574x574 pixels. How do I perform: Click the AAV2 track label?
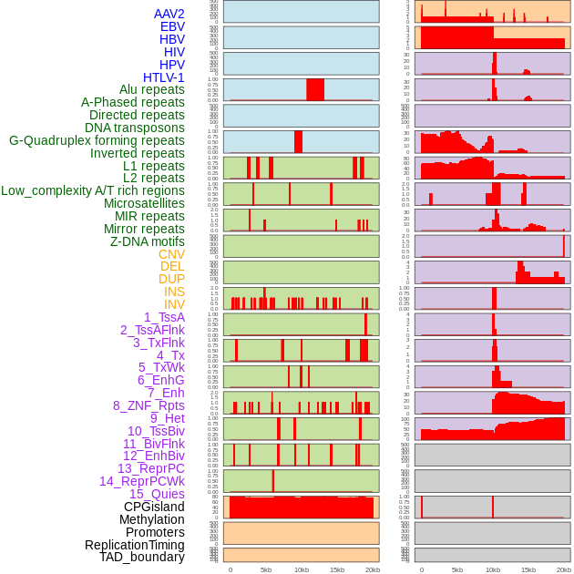tap(169, 14)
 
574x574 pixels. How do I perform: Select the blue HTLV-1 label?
tap(163, 77)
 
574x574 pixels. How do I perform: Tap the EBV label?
tap(172, 26)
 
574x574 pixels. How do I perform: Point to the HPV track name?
tap(172, 65)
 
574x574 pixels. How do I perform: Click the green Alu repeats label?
tap(152, 89)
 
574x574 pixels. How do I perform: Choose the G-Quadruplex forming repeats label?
tap(97, 140)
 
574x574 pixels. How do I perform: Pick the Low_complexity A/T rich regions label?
tap(93, 190)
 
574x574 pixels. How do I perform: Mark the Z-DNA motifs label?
tap(147, 241)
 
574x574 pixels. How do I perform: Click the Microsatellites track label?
tap(144, 203)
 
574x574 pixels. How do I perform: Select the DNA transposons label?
tap(135, 128)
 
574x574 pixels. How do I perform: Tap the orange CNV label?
tap(171, 254)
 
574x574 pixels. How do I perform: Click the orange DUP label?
tap(171, 279)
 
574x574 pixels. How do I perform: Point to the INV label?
tap(174, 304)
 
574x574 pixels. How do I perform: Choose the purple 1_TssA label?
tap(164, 317)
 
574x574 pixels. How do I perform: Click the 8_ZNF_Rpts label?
tap(149, 405)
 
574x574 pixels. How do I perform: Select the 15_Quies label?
tap(156, 494)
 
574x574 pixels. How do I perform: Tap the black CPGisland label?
tap(154, 507)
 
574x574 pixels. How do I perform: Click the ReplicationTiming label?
tap(134, 545)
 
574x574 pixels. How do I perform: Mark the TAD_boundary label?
tap(142, 557)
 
